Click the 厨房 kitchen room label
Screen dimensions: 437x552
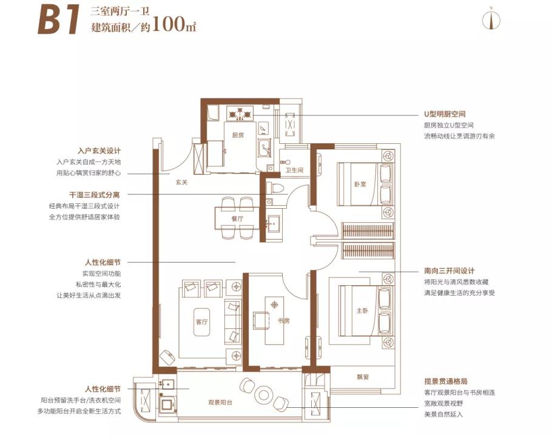click(x=237, y=135)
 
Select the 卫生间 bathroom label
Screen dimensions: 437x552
click(x=294, y=170)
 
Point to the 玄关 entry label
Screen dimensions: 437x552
click(x=181, y=181)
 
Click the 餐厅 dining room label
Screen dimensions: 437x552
click(x=237, y=218)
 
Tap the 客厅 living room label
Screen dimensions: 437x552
click(x=202, y=322)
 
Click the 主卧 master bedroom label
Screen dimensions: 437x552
click(x=362, y=311)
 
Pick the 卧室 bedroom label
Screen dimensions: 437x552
click(x=360, y=185)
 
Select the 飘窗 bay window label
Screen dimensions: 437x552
click(x=363, y=376)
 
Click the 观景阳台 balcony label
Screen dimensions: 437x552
click(x=221, y=403)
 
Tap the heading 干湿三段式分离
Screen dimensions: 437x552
click(x=95, y=195)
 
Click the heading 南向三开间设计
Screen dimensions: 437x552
click(x=449, y=271)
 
